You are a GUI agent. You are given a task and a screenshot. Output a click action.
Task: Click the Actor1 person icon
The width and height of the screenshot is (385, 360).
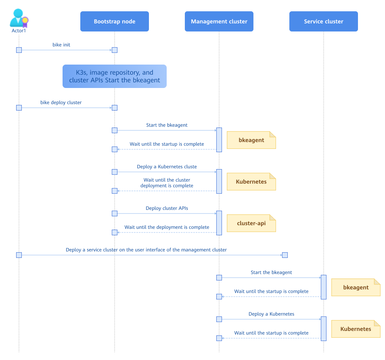click(19, 18)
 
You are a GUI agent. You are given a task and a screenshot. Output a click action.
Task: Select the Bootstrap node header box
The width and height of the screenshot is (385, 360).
click(114, 21)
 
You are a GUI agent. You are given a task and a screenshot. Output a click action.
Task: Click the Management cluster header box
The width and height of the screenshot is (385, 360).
click(219, 21)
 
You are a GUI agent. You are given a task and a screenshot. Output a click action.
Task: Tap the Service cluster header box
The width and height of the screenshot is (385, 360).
click(323, 21)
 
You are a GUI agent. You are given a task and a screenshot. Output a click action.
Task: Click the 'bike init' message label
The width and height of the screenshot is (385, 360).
click(61, 45)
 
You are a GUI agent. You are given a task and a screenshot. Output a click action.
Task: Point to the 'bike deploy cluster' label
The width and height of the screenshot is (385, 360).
click(61, 103)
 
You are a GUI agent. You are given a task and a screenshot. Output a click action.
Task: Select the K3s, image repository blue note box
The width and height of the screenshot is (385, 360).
click(114, 76)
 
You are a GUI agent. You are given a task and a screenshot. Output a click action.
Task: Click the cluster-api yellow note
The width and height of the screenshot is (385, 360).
click(251, 223)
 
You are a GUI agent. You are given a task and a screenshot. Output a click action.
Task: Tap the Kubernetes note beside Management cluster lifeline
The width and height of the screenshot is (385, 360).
click(251, 182)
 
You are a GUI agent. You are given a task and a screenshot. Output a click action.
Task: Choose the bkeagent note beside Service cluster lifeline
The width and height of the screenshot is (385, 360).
click(356, 287)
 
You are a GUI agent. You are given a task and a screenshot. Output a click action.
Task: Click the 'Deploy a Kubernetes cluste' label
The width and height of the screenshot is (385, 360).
click(167, 167)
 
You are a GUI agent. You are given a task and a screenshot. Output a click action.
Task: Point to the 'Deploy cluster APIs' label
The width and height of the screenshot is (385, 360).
click(167, 208)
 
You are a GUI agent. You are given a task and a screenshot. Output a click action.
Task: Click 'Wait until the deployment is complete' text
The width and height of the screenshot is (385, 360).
click(167, 227)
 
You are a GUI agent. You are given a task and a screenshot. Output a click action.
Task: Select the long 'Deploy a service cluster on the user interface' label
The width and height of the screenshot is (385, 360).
click(146, 250)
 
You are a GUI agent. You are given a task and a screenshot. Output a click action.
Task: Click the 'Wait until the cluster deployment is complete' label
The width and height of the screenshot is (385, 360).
click(167, 183)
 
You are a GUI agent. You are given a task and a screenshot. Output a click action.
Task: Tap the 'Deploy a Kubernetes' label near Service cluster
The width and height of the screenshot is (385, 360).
click(271, 314)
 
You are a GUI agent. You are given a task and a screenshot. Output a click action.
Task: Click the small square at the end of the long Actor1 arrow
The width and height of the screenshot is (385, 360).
click(285, 255)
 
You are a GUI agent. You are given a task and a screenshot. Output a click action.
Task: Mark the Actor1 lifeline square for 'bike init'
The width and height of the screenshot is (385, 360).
click(19, 50)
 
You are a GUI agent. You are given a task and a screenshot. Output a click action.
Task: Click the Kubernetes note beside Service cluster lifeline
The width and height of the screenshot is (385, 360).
click(356, 329)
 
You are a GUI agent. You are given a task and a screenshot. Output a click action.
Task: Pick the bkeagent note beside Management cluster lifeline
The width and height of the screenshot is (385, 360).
click(251, 140)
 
